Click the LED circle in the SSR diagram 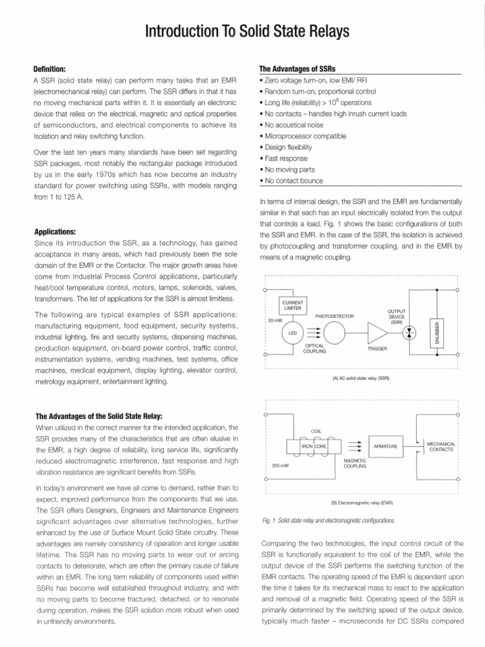coord(292,332)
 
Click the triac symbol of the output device coord(409,332)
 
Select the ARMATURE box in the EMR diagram coord(385,446)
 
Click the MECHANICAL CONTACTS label coord(441,446)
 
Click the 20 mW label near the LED coord(275,320)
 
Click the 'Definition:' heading coord(49,68)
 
